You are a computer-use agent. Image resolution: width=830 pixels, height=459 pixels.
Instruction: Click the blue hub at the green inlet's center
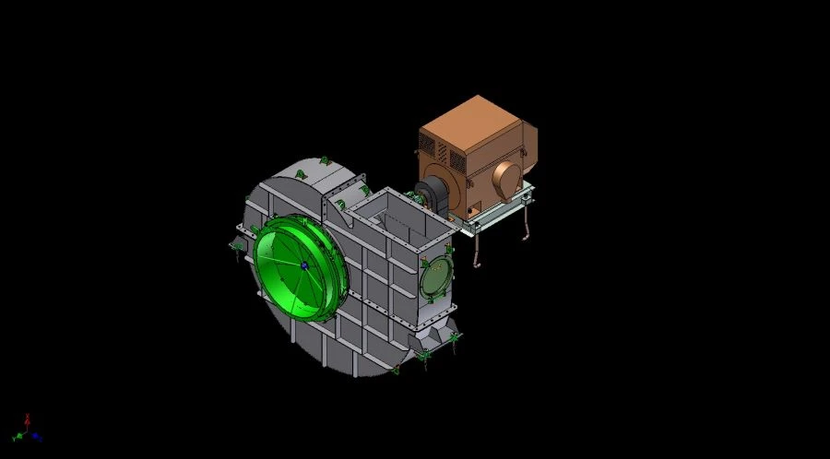click(303, 265)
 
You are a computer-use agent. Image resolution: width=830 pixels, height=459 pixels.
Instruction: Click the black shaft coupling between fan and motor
click(429, 196)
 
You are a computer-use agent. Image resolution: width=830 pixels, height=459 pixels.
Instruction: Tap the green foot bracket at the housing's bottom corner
click(425, 356)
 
